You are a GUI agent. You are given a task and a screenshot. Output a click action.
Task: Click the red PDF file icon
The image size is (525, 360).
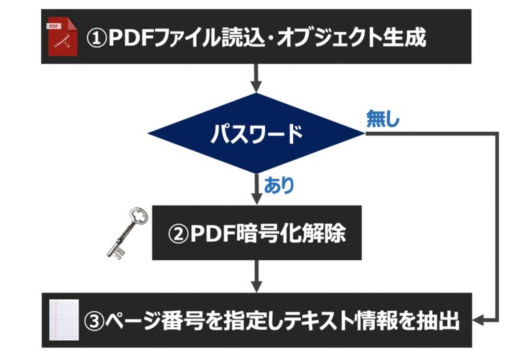(x=61, y=38)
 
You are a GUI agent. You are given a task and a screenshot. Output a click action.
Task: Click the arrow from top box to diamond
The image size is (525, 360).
(x=257, y=78)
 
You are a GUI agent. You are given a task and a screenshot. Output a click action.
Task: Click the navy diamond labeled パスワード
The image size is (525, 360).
(x=257, y=134)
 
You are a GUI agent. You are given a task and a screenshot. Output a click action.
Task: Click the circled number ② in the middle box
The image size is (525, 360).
(x=178, y=234)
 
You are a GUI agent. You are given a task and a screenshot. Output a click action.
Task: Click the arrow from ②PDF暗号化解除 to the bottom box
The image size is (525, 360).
(x=257, y=276)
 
